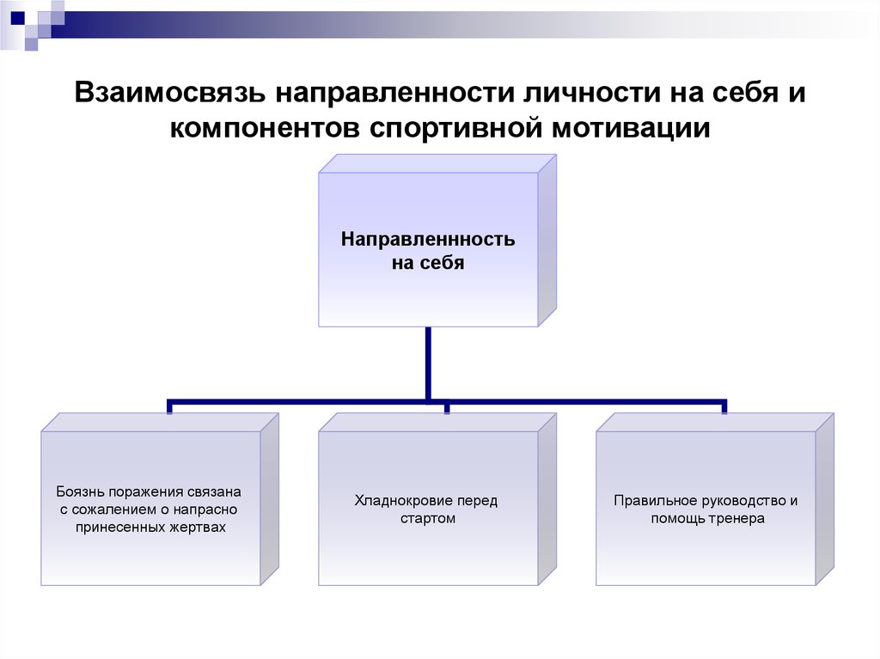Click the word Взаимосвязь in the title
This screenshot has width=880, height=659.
click(x=169, y=93)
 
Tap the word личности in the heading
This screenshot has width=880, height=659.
click(x=592, y=93)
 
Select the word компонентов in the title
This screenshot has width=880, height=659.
click(x=265, y=128)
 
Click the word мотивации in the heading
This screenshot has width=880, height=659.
click(x=631, y=128)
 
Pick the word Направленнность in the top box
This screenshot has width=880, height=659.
click(x=428, y=239)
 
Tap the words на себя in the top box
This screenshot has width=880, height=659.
click(x=428, y=263)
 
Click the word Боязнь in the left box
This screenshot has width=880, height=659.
click(x=80, y=491)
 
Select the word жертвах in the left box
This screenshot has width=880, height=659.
click(x=199, y=527)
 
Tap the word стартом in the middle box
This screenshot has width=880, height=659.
click(x=428, y=519)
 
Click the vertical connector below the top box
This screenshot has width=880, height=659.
click(x=428, y=363)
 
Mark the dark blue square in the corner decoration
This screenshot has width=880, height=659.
click(x=18, y=18)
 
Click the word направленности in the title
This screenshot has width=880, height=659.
click(x=394, y=93)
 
